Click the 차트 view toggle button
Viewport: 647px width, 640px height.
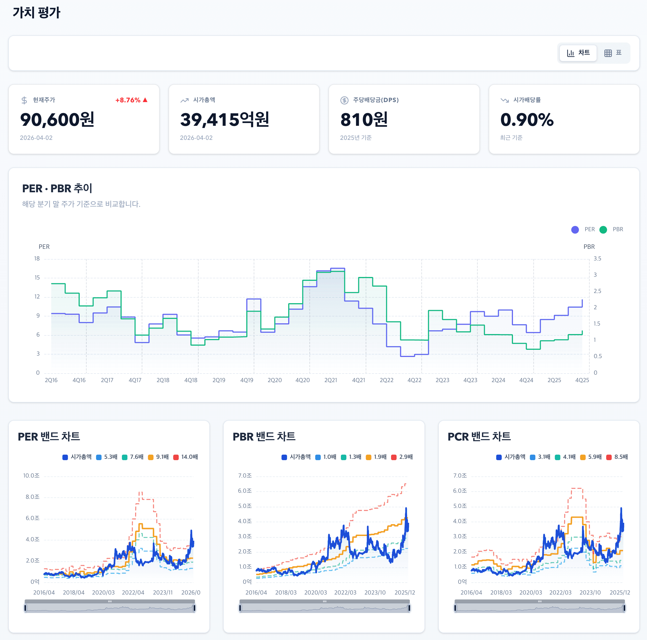pos(578,53)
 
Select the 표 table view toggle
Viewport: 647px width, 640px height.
pos(613,53)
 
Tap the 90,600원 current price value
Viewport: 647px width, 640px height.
pos(57,119)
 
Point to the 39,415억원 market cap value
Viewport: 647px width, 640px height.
pos(224,119)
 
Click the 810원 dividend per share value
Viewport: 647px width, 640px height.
pos(364,119)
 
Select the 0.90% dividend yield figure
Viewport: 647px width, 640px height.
pos(527,119)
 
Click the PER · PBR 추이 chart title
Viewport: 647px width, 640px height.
pos(57,188)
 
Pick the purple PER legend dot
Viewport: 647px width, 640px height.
pos(575,230)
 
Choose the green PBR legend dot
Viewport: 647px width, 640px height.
pos(603,230)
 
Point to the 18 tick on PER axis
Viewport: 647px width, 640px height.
pos(37,258)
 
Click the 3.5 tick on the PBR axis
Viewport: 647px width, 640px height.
pos(597,258)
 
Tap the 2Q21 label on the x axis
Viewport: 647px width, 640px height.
pos(330,380)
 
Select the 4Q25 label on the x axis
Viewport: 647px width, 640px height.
pos(582,380)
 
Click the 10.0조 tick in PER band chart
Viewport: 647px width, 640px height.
pos(31,476)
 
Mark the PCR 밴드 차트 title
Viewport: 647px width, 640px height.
pos(479,436)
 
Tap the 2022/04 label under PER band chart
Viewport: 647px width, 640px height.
pos(133,593)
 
